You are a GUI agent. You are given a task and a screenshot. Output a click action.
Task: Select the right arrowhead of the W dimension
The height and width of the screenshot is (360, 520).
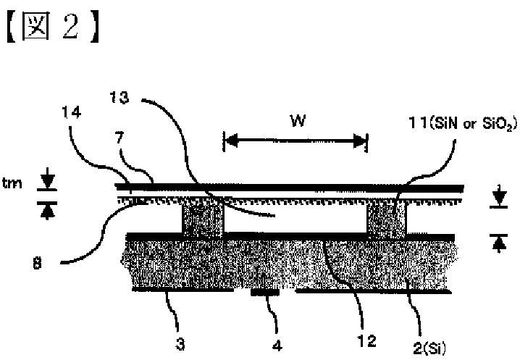361,141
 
